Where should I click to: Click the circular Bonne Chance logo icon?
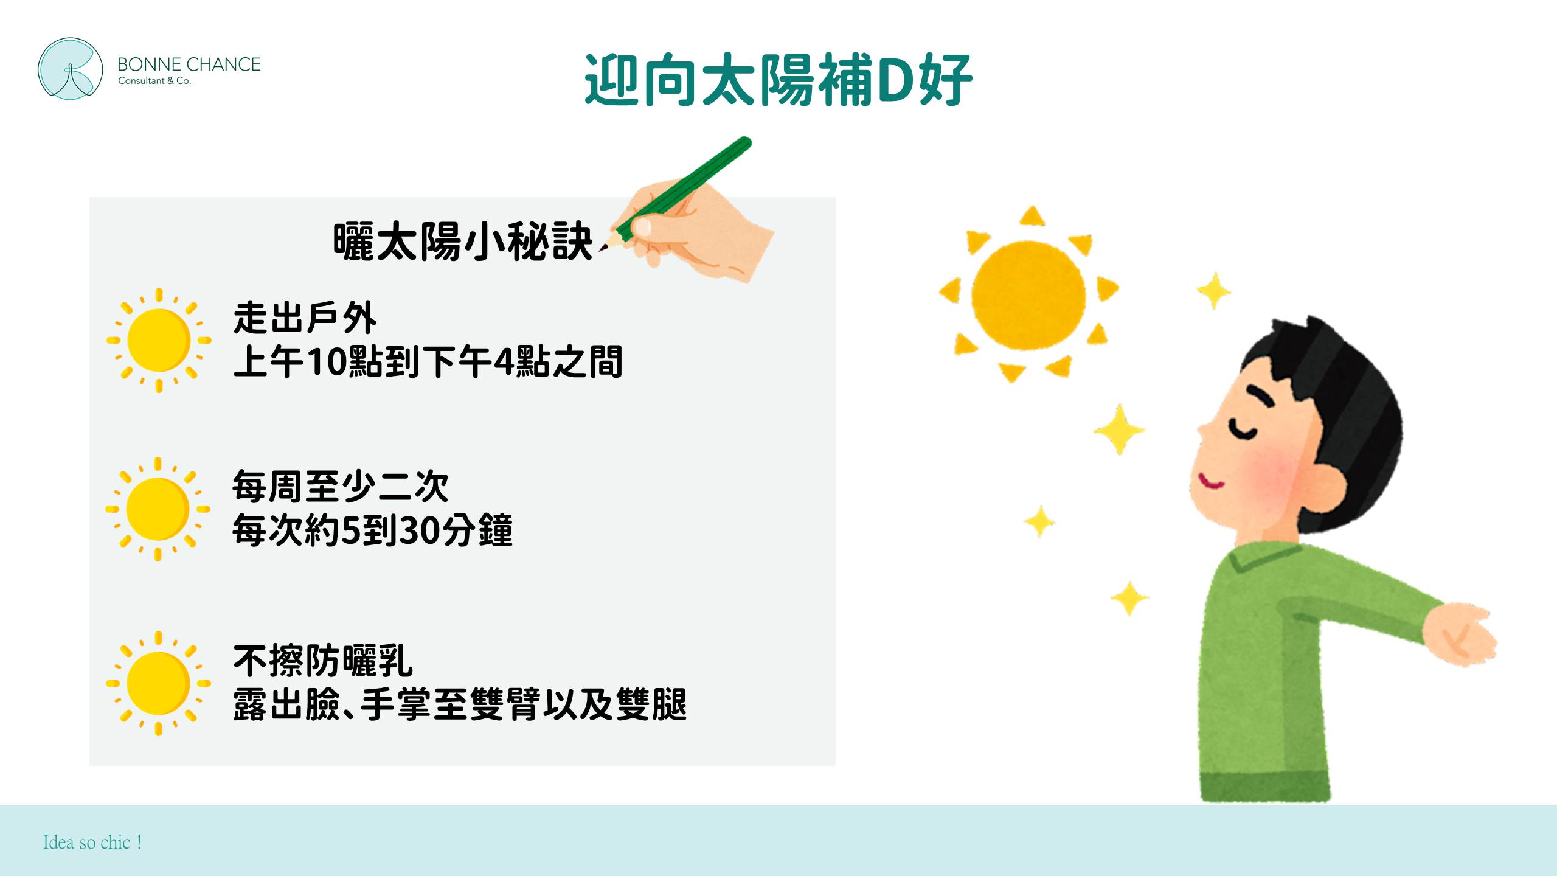(70, 69)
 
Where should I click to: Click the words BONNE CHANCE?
(189, 64)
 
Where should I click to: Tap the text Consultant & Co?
(154, 81)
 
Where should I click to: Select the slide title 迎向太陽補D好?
(778, 80)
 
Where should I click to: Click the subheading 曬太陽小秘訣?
(463, 242)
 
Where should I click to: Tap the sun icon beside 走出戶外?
(159, 340)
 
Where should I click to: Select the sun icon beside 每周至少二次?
(158, 509)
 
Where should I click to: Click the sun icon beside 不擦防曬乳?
(158, 683)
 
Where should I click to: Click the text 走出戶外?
(305, 318)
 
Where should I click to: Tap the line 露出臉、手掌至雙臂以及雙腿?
(460, 705)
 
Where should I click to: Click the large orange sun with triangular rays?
(1029, 294)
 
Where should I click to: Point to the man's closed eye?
(1242, 429)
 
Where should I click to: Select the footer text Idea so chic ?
(92, 843)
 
